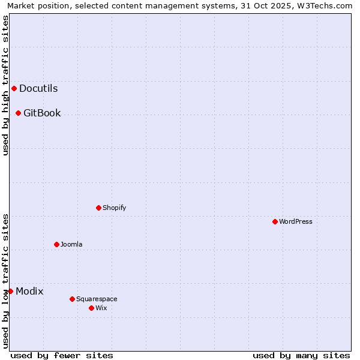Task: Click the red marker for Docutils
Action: coord(14,89)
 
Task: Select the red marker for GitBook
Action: coord(18,113)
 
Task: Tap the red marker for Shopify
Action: coord(98,208)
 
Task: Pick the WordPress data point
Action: coord(275,222)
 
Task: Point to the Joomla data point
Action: coord(56,245)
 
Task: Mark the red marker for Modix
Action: coord(10,292)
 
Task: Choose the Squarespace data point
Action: coord(72,299)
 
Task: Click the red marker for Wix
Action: coord(91,308)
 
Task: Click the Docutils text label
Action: coord(38,89)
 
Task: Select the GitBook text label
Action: coord(42,113)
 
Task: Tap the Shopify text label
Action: coord(114,208)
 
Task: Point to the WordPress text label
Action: coord(295,222)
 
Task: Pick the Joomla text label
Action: coord(71,245)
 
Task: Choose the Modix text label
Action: coord(29,292)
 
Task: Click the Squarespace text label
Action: coord(97,299)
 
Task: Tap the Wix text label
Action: coord(101,308)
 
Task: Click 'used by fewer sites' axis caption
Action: coord(62,355)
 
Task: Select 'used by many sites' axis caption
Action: coord(301,355)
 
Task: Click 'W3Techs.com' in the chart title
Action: coord(326,6)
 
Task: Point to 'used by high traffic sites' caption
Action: coord(6,85)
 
